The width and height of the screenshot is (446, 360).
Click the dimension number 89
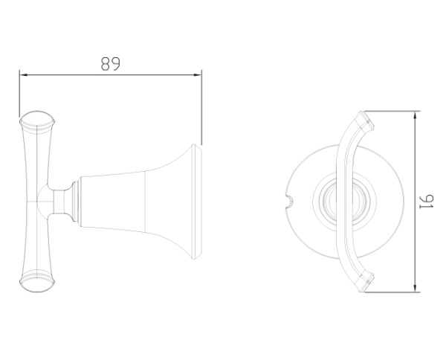click(111, 64)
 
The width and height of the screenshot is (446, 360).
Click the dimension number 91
click(427, 202)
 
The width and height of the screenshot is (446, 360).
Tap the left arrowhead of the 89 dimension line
click(23, 75)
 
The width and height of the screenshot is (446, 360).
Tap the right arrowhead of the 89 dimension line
click(198, 75)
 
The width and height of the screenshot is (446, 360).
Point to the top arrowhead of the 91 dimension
click(416, 115)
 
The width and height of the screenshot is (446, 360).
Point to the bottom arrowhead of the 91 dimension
click(416, 288)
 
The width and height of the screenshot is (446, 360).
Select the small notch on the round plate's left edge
click(291, 201)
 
